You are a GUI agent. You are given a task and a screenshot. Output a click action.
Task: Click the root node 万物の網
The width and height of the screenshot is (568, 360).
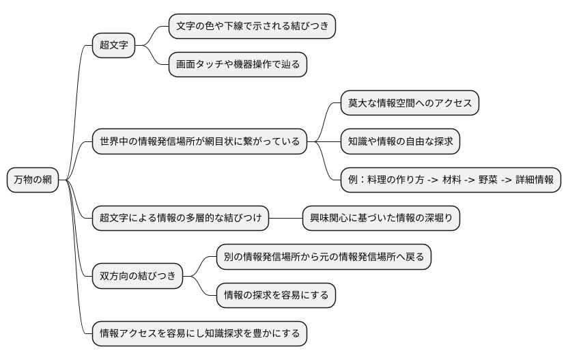[33, 180]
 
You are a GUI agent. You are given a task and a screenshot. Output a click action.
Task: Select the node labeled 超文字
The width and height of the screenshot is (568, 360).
[113, 46]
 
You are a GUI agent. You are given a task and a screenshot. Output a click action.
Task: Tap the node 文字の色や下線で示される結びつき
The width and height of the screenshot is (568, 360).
[252, 27]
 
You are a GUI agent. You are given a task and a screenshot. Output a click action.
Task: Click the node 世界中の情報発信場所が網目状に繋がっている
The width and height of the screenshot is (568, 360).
[199, 141]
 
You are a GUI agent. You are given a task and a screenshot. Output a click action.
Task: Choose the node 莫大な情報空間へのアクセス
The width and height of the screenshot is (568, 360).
[410, 103]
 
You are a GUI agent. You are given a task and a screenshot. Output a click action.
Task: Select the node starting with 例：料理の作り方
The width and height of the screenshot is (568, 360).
[451, 180]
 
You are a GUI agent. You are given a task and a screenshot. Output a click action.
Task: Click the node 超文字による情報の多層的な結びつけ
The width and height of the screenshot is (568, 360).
[180, 219]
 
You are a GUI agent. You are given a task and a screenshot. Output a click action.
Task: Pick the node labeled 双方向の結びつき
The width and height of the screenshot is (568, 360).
[138, 276]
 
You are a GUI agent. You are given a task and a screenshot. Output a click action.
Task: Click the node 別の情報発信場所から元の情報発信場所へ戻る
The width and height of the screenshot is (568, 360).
[324, 257]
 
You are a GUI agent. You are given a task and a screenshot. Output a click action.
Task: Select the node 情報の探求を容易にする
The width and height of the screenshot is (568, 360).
[276, 295]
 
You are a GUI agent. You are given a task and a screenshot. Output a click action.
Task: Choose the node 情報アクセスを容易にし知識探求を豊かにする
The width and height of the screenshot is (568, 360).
[199, 333]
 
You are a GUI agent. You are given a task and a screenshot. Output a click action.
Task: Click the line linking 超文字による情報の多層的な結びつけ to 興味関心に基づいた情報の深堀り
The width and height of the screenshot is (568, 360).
[285, 219]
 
